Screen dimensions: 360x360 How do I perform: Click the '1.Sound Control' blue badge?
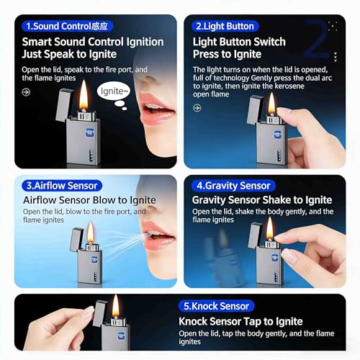pos(67,26)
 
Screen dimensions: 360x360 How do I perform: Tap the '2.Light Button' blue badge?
pos(225,26)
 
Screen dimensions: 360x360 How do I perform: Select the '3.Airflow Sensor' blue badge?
pos(62,186)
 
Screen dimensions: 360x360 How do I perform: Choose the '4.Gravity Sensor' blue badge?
pos(233,186)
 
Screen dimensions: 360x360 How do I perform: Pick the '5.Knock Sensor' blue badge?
pos(216,306)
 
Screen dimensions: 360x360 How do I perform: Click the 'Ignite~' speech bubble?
pos(114,91)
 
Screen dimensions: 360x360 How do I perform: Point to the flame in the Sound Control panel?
pos(84,95)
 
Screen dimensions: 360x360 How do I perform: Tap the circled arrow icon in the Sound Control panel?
pos(26,92)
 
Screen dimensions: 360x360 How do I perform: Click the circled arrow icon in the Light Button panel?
pos(197,108)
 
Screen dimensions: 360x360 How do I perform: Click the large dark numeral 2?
pos(316,39)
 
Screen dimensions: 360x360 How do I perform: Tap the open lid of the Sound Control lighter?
pos(64,104)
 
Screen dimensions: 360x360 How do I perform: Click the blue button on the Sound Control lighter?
pos(90,132)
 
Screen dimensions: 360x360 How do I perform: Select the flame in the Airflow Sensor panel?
pos(91,232)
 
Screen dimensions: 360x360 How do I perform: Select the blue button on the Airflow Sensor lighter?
pos(95,259)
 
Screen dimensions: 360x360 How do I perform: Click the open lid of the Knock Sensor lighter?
pos(100,313)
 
